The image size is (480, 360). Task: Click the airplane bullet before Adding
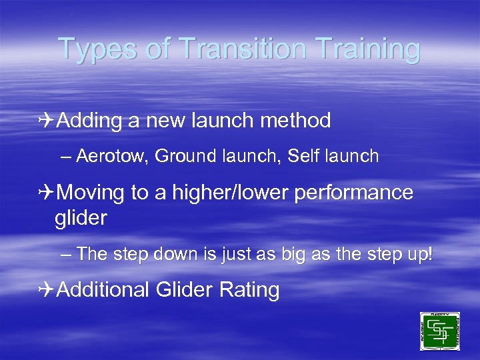(46, 121)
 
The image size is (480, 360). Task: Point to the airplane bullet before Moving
(46, 193)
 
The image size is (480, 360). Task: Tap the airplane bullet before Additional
(46, 290)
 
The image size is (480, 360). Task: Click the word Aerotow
(112, 157)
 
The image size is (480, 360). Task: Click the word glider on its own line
(81, 219)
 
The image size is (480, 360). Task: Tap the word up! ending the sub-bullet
(420, 254)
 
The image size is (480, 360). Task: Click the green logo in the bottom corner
(439, 331)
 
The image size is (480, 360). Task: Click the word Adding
(89, 121)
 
